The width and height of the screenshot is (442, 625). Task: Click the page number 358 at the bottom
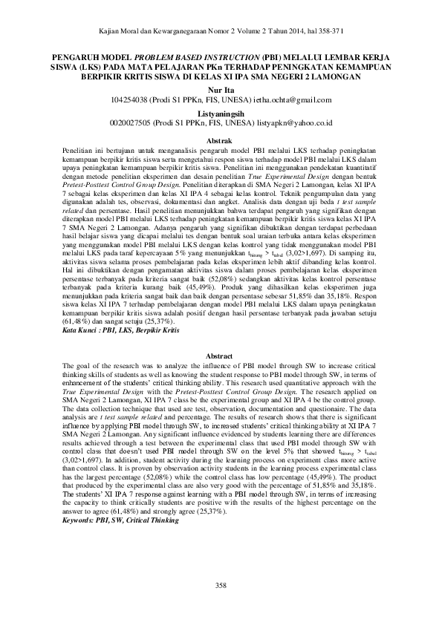(x=221, y=586)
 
